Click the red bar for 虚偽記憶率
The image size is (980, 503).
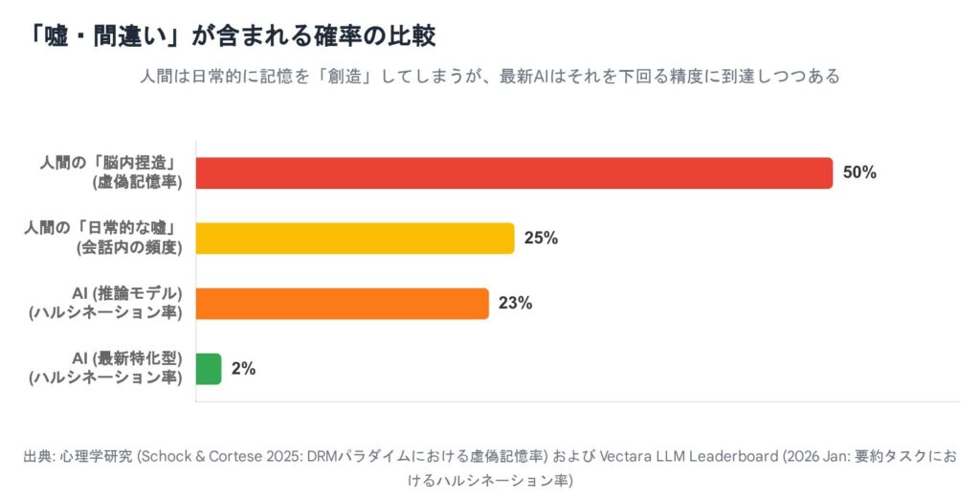tap(514, 173)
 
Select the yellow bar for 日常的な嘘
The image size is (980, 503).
tap(354, 239)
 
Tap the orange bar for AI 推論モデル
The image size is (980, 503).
tap(342, 304)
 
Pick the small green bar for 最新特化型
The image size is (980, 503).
tap(209, 369)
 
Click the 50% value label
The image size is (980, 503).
tap(859, 173)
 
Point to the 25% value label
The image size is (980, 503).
tap(541, 239)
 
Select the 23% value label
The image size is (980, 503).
tap(515, 304)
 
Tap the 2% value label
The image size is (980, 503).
tap(243, 369)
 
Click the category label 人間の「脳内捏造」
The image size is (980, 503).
tap(113, 164)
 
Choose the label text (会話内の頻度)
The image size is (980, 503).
tap(130, 247)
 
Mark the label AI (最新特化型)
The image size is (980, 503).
tap(127, 359)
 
